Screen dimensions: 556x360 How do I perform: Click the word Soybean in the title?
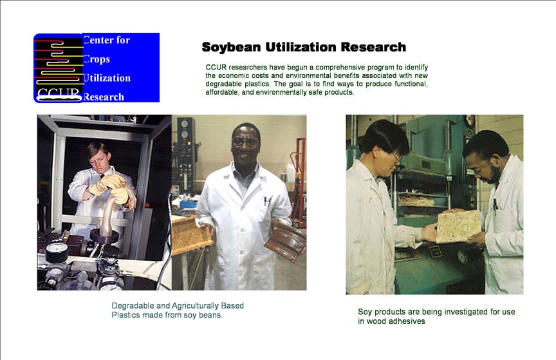[x=231, y=47]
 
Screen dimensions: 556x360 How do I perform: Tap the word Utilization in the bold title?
[x=301, y=47]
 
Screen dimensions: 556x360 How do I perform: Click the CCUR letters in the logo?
[x=58, y=94]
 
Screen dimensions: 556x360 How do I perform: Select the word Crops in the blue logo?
[x=97, y=59]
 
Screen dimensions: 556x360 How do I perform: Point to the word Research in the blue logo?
[x=104, y=97]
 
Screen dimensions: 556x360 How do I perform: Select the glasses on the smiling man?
[x=245, y=141]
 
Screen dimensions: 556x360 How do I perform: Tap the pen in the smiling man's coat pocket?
[x=266, y=202]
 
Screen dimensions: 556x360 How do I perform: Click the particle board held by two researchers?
[x=458, y=226]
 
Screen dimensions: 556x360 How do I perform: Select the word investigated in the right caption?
[x=465, y=312]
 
